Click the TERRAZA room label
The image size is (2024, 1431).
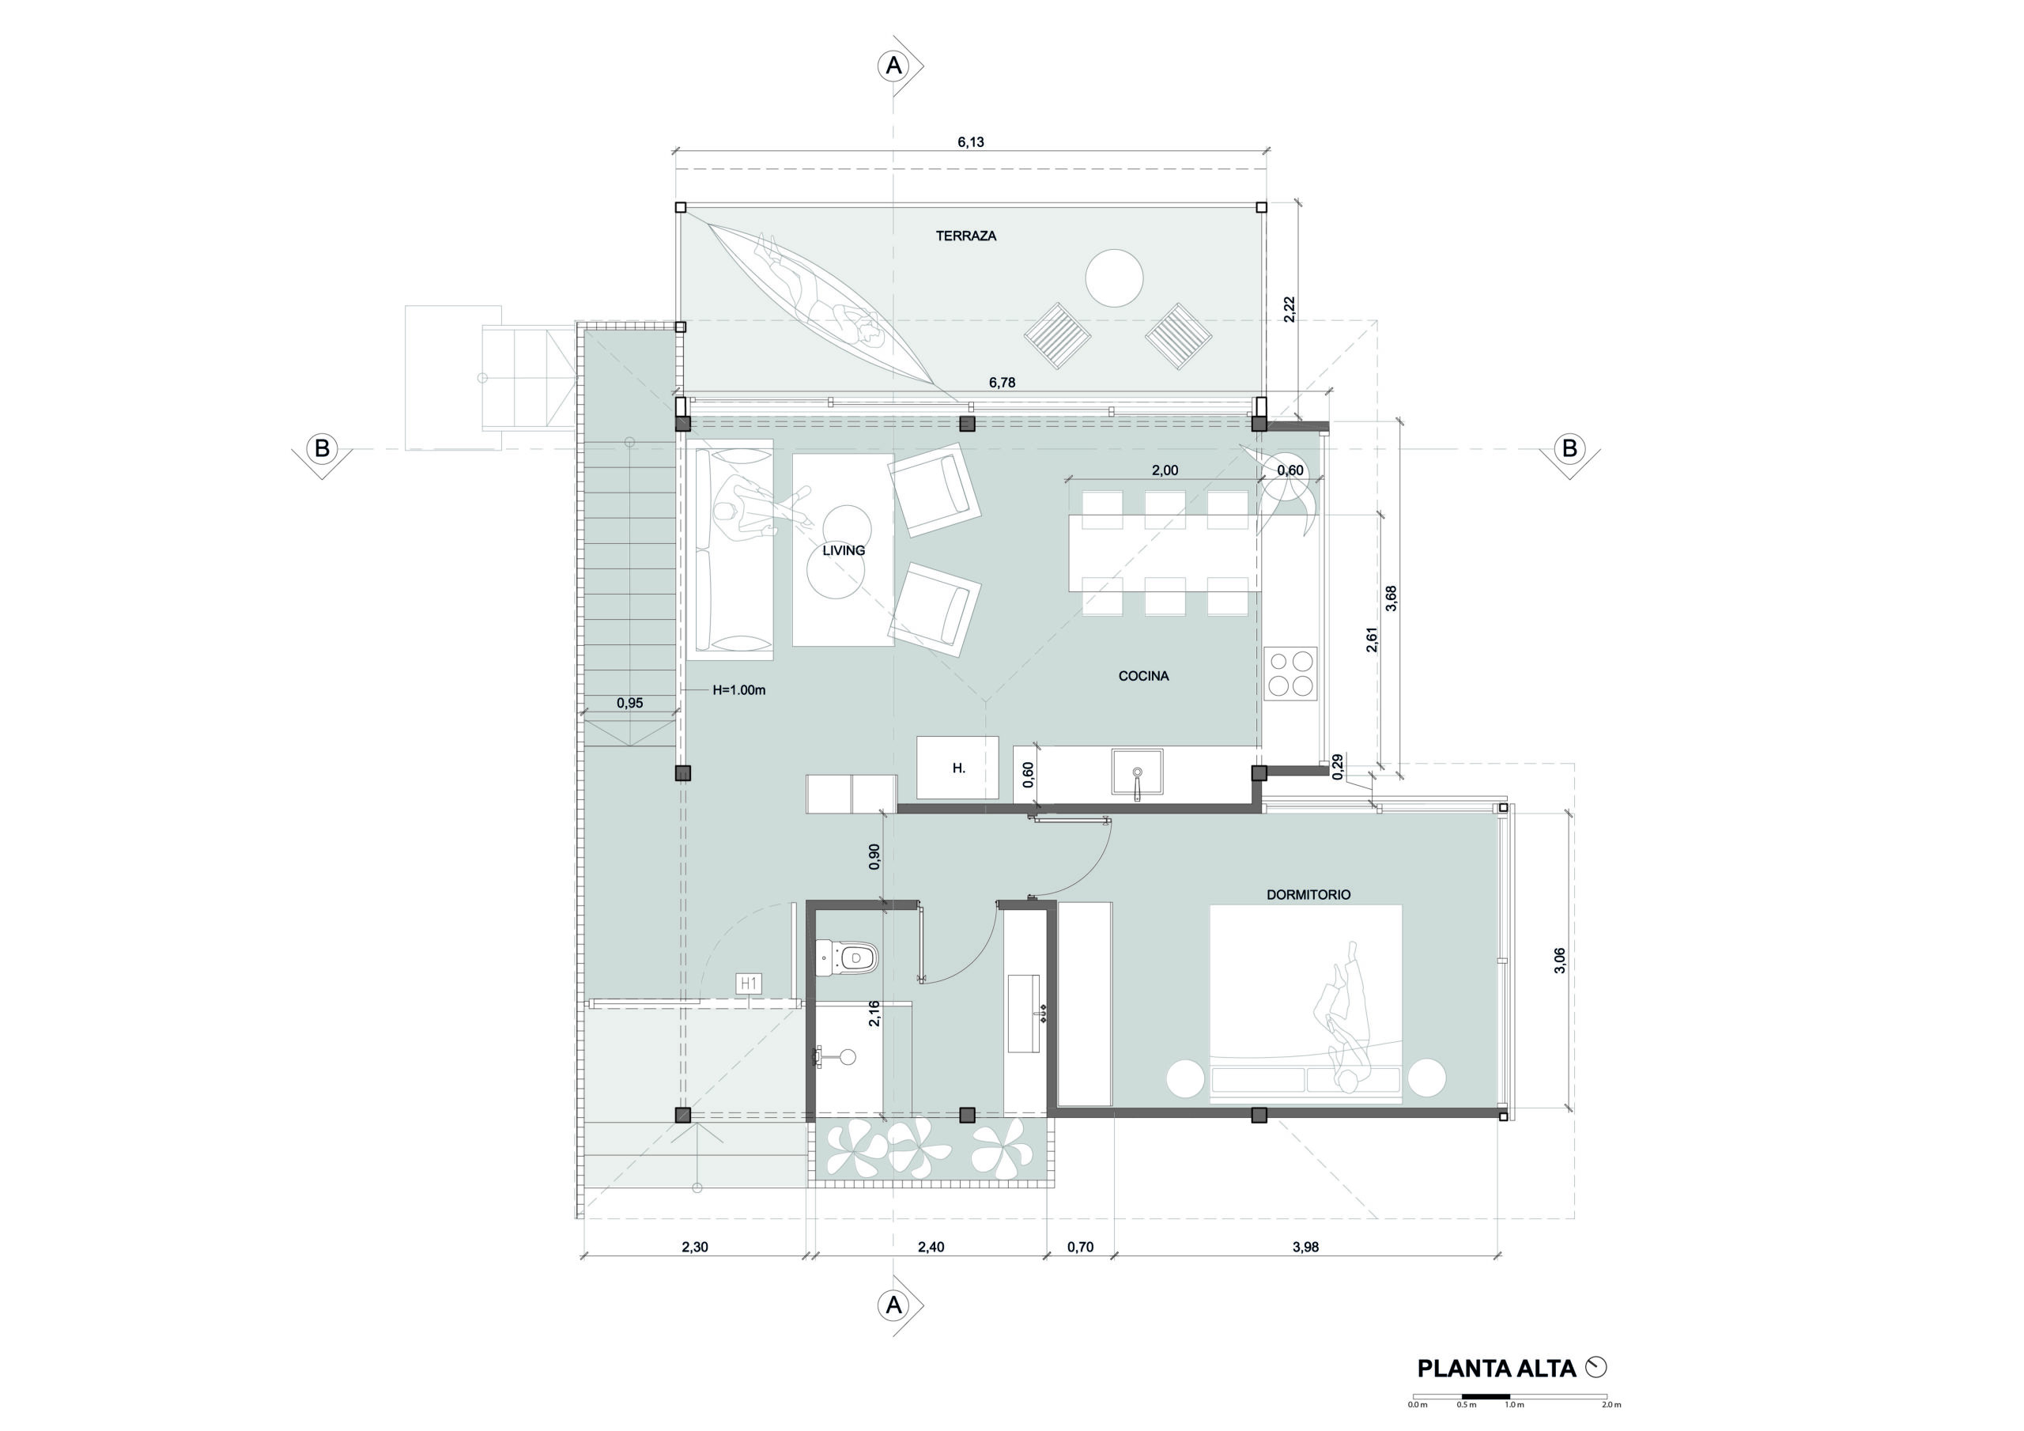coord(966,236)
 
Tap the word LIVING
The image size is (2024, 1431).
coord(844,550)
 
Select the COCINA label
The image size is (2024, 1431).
coord(1143,676)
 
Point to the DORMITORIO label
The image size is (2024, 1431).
coord(1308,894)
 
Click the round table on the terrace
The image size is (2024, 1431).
coord(1114,278)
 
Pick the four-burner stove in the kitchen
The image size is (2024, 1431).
coord(1290,674)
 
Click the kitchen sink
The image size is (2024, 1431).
coord(1137,774)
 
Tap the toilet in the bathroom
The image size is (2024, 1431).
coord(846,958)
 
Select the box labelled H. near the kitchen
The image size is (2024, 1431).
coord(958,768)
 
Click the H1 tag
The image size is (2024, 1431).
coord(749,983)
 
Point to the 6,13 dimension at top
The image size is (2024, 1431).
coord(971,142)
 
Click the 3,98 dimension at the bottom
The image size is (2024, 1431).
coord(1305,1247)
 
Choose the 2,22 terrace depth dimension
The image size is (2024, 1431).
coord(1290,309)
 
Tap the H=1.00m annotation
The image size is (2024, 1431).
coord(738,690)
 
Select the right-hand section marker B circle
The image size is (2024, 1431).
coord(1569,449)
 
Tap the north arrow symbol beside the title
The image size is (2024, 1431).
coord(1595,1367)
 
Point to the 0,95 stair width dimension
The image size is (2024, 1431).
coord(629,703)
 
